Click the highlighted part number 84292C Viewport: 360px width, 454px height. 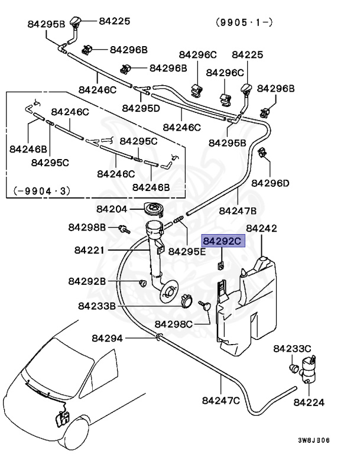[222, 241]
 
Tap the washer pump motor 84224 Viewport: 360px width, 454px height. [308, 371]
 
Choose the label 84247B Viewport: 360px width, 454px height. [237, 210]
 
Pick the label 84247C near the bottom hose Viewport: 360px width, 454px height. [220, 400]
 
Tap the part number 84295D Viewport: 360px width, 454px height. [141, 108]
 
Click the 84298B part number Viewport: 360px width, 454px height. [87, 227]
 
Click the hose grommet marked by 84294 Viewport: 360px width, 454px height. [158, 338]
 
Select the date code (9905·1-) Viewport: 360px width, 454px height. [244, 24]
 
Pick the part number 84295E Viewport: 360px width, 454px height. [187, 251]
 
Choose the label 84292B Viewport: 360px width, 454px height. [87, 281]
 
